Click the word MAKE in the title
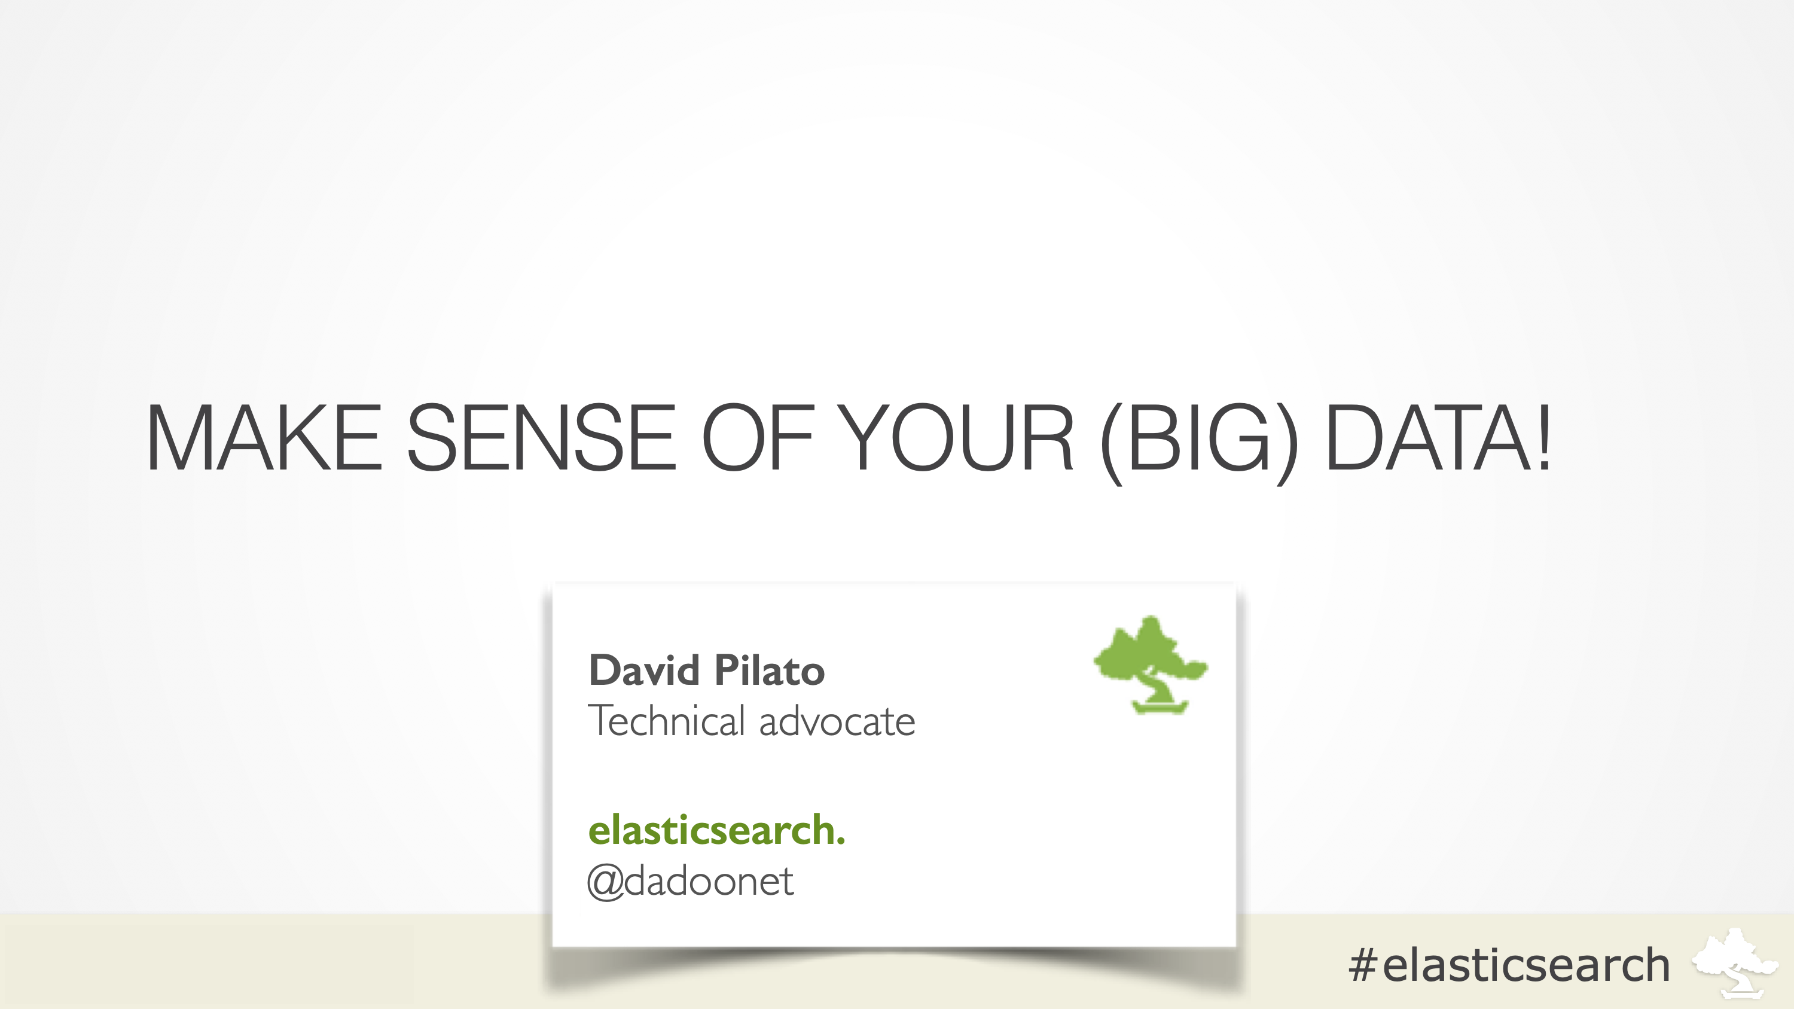[263, 437]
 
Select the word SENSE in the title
[541, 437]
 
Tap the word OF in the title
[758, 437]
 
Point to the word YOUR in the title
[956, 437]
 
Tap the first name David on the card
[644, 670]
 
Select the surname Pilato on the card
[770, 670]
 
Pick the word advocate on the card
[837, 722]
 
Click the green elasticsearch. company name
[716, 830]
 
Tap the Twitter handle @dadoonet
[689, 882]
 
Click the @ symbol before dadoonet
[605, 883]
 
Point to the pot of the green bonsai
[1160, 708]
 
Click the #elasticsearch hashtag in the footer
[1509, 965]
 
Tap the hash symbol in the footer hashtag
[1363, 965]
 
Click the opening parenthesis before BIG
[1112, 441]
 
